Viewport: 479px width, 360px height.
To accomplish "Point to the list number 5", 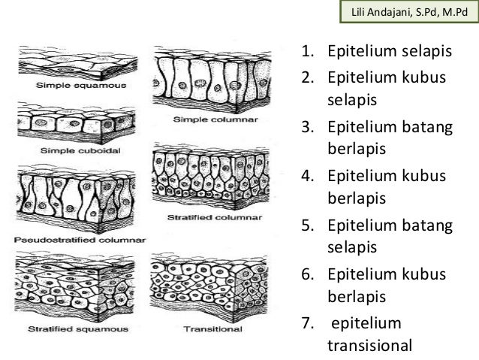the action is [307, 224].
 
